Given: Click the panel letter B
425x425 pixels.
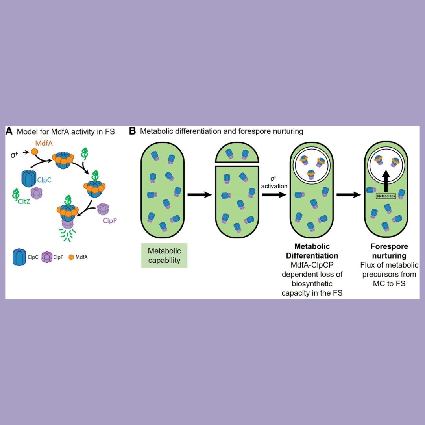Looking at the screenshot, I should (133, 131).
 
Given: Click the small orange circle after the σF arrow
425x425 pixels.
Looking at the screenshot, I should (34, 151).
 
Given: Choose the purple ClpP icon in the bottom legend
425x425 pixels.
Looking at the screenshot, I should (47, 257).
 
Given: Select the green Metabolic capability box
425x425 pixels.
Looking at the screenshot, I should (164, 255).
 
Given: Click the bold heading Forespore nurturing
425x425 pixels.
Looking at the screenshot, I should (389, 251).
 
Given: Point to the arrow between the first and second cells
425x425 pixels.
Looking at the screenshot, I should (200, 194).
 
